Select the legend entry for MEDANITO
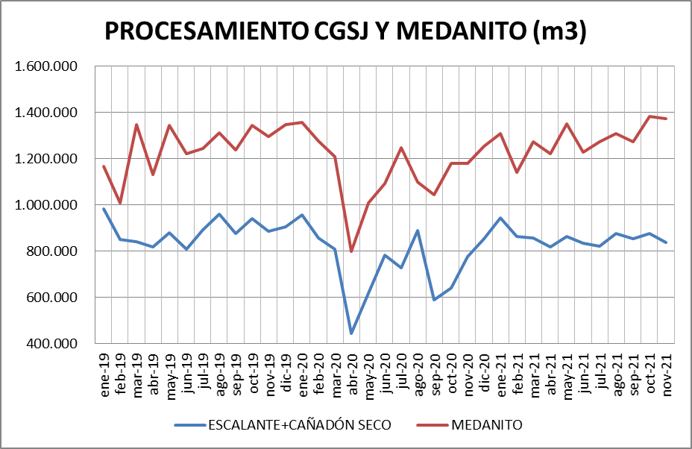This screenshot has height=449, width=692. click(486, 425)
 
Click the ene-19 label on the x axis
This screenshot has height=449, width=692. click(105, 371)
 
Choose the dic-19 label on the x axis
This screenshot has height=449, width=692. click(286, 371)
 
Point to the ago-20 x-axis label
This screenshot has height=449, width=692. click(418, 371)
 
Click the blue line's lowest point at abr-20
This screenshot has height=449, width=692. click(351, 333)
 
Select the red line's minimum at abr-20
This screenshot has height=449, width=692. click(351, 251)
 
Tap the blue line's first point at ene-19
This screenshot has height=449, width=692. click(104, 209)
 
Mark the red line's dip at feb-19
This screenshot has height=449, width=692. click(121, 203)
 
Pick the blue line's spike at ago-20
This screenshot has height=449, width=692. click(418, 230)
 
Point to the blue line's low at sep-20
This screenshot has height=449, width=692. click(434, 300)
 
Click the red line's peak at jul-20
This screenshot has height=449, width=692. click(401, 148)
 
